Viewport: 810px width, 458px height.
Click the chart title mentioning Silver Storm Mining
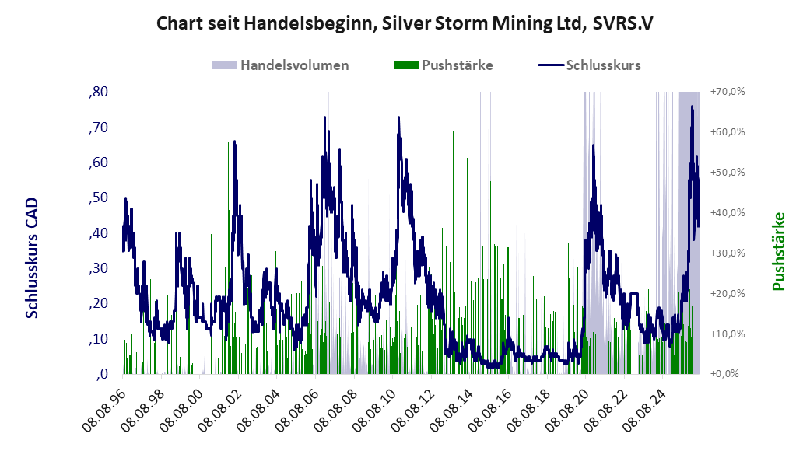click(405, 23)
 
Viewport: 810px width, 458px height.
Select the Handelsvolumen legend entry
click(280, 65)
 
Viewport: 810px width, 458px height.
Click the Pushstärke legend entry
click(444, 65)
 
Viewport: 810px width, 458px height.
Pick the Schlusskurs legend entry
click(590, 65)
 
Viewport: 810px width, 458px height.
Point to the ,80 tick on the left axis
click(98, 92)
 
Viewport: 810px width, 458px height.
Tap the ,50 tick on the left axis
click(98, 198)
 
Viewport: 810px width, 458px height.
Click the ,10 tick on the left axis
click(98, 339)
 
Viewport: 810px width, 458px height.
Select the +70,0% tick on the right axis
click(728, 92)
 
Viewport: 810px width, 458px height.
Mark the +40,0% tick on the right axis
click(728, 213)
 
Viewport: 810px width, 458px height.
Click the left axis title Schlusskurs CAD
click(32, 257)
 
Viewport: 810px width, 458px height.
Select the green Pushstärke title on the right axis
click(779, 251)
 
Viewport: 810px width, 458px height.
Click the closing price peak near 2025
click(693, 107)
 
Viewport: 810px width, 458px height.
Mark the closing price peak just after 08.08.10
click(398, 117)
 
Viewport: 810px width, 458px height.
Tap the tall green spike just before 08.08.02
click(228, 257)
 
